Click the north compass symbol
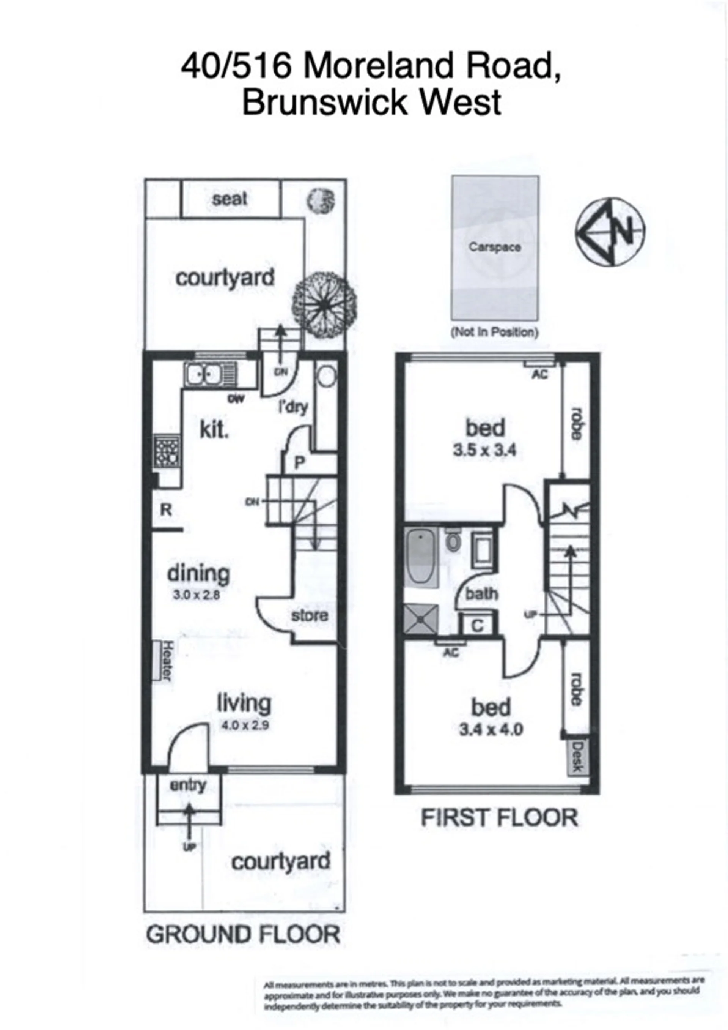[x=610, y=232]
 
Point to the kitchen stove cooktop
[x=167, y=451]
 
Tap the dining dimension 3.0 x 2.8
[x=197, y=596]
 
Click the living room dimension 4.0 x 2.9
[x=245, y=726]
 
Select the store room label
[x=310, y=615]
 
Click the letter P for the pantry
[x=299, y=462]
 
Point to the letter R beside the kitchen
[x=166, y=509]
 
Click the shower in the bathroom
[x=421, y=618]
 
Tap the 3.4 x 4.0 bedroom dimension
[x=491, y=730]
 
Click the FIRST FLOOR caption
[x=499, y=817]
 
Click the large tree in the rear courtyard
[x=325, y=304]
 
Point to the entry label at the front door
[x=188, y=785]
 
